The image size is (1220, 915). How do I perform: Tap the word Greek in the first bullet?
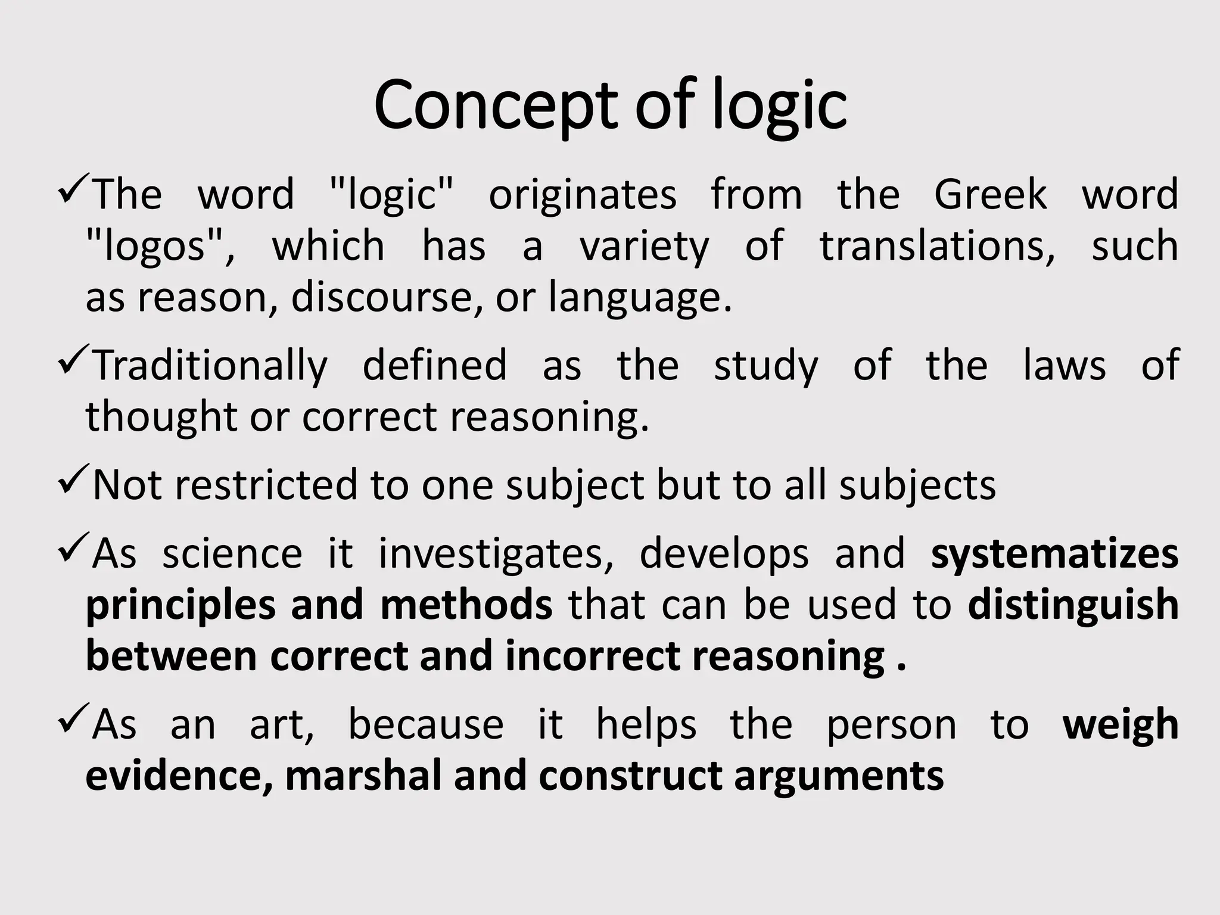point(990,194)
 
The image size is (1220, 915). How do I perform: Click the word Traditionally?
point(210,366)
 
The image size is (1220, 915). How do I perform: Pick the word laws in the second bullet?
point(1065,365)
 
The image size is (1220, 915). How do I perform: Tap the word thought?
point(161,416)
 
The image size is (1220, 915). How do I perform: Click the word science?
point(232,553)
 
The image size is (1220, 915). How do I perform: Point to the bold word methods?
point(466,605)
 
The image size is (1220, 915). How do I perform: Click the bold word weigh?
point(1121,726)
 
